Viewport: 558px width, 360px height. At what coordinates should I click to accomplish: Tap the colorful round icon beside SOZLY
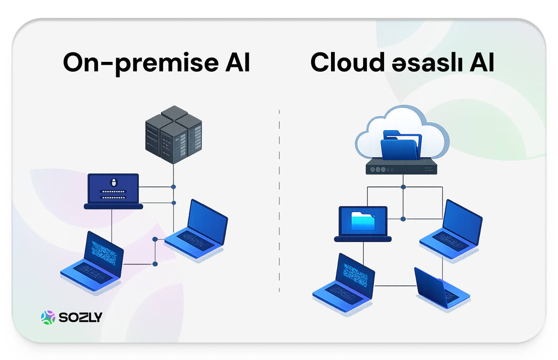[48, 318]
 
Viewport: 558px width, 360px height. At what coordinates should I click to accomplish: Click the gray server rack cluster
[174, 134]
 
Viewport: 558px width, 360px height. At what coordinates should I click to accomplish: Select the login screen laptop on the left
[113, 191]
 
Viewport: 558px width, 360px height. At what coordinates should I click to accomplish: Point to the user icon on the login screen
[113, 181]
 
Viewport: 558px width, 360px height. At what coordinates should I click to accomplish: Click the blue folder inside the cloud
[400, 145]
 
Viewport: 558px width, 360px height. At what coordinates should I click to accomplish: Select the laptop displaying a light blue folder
[363, 224]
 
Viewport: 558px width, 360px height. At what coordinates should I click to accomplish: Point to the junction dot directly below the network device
[403, 187]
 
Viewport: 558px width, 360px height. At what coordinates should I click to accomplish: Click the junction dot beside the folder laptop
[403, 219]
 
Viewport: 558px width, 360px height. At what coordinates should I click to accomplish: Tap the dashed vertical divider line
[279, 200]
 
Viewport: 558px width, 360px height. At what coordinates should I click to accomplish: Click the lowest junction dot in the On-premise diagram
[155, 264]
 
